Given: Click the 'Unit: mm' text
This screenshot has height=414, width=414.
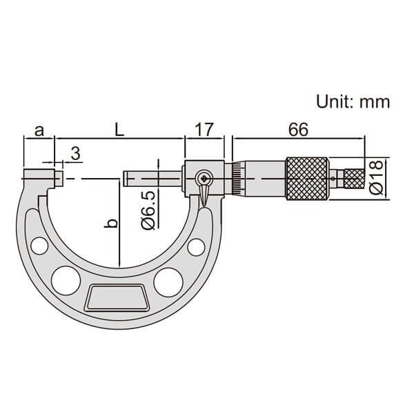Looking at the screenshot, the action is coord(353,101).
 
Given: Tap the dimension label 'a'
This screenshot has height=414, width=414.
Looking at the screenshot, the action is coord(39,130).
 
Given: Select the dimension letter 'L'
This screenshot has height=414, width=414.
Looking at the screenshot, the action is coord(119,130).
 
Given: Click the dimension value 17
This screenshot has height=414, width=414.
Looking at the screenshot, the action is coord(204,130).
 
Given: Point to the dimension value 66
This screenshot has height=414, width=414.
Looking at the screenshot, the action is coord(298,130).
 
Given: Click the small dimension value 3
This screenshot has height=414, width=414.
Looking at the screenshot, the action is coord(75,153).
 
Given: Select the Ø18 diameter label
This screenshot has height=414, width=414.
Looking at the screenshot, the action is coord(376,177).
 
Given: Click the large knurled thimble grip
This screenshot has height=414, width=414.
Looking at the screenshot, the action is coord(307,179).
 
